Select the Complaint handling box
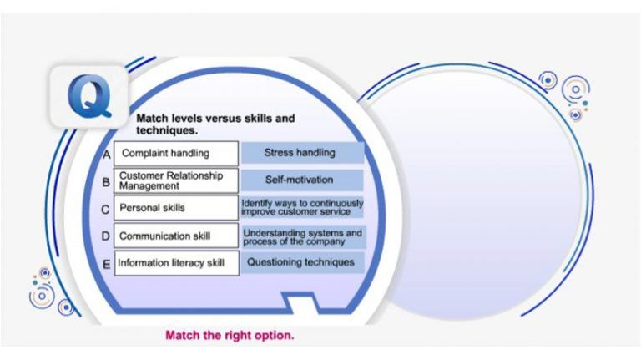click(x=176, y=154)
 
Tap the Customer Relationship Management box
click(x=176, y=180)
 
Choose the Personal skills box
click(x=176, y=207)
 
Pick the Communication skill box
click(x=176, y=236)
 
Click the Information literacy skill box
click(x=176, y=263)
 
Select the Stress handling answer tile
click(x=302, y=153)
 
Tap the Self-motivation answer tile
click(x=302, y=180)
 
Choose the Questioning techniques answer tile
click(x=302, y=262)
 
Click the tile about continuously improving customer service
click(x=302, y=207)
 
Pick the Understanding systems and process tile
click(x=302, y=236)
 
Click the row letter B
click(x=106, y=181)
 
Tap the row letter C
click(x=106, y=209)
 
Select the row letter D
click(x=106, y=236)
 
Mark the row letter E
click(x=106, y=264)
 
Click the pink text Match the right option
click(x=230, y=336)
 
